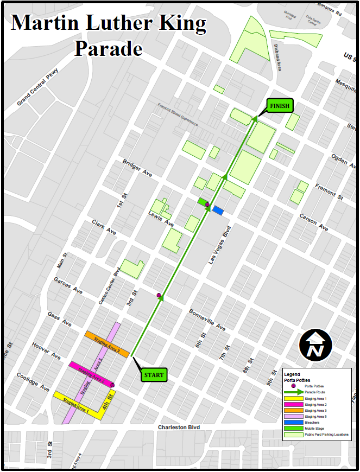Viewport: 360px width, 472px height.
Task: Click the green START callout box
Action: click(x=154, y=374)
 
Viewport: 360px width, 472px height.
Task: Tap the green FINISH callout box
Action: click(x=280, y=106)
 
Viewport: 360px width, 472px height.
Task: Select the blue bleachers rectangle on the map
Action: click(x=218, y=210)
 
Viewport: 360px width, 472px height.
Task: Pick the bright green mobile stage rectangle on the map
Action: click(x=203, y=201)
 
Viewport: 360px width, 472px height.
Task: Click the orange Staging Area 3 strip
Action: click(x=107, y=344)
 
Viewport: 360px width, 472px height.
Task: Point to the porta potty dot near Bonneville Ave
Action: click(x=159, y=295)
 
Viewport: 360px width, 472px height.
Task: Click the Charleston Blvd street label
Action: click(x=179, y=428)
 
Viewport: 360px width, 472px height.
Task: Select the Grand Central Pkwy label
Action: click(x=41, y=87)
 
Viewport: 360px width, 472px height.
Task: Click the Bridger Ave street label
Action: click(x=137, y=167)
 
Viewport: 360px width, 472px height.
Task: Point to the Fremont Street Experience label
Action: click(x=178, y=114)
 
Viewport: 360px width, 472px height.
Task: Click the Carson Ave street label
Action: click(x=314, y=222)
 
